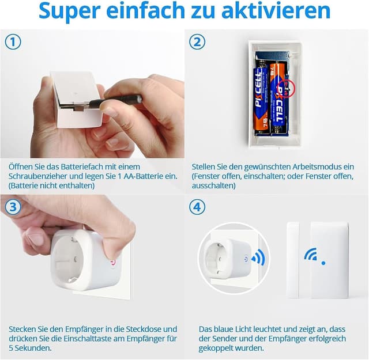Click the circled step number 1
pos(13,42)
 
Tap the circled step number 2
pos(197,42)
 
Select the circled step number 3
pos(13,207)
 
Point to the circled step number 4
pos(197,207)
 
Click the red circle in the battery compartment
pos(286,88)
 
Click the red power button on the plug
pos(113,263)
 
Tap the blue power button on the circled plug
pos(245,259)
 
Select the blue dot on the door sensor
pos(323,263)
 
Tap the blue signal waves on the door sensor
pos(311,254)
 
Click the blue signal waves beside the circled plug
pos(258,257)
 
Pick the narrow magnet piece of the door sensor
pos(293,260)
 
